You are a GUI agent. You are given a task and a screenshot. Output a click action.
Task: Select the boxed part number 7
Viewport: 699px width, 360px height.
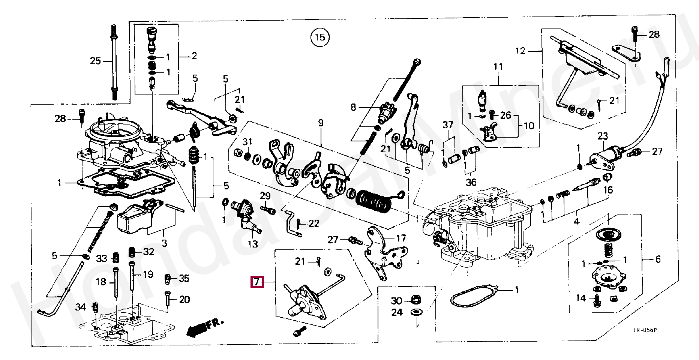pos(257,282)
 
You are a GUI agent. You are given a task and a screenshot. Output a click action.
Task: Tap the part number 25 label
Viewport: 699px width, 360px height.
pos(95,61)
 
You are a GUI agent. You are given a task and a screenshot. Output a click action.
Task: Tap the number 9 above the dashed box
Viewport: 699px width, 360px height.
pos(321,123)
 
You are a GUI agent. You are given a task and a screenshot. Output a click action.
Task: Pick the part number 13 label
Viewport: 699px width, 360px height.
pos(253,244)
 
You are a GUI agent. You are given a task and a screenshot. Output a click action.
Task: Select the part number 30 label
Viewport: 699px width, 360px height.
pos(397,301)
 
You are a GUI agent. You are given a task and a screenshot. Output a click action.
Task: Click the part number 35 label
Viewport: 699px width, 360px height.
pos(184,278)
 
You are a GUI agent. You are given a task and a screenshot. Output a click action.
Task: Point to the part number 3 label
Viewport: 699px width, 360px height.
pos(164,243)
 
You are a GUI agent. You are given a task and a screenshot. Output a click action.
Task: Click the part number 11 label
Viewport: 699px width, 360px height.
pos(498,67)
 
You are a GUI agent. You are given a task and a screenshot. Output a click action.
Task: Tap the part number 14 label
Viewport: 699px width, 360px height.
pos(580,298)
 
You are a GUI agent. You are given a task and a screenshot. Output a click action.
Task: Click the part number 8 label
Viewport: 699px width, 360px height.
pos(353,108)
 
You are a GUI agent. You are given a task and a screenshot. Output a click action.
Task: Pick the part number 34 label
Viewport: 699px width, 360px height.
pos(80,307)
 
